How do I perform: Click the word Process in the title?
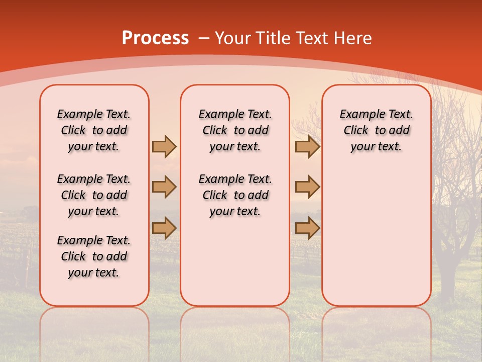(x=155, y=38)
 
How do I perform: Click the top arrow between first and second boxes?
(x=164, y=146)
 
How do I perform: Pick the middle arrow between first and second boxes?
(x=164, y=187)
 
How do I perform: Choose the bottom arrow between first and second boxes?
(x=164, y=228)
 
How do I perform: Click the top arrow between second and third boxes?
(x=307, y=146)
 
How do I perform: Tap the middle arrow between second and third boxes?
(x=307, y=187)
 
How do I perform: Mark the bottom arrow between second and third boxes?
(x=307, y=228)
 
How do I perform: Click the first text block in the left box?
(x=94, y=130)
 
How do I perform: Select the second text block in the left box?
(x=94, y=195)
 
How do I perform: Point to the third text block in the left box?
(x=94, y=256)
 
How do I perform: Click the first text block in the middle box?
(x=235, y=130)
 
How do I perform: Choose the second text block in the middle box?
(x=235, y=195)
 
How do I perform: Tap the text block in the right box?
(x=377, y=130)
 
